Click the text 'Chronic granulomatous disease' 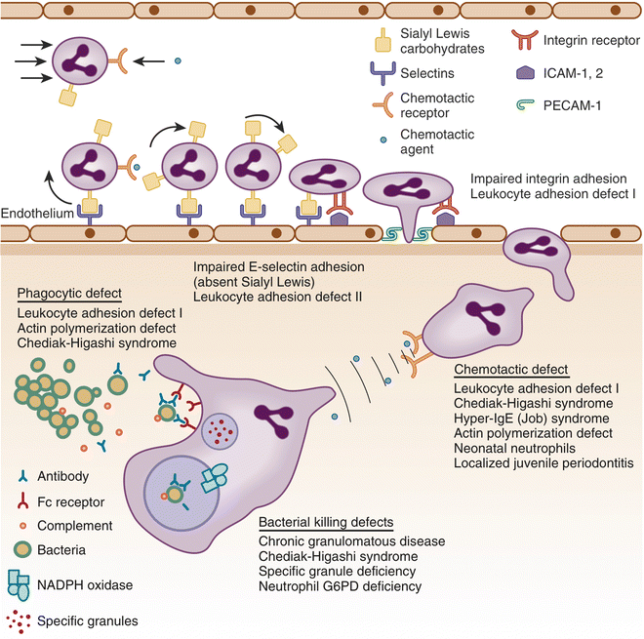coord(351,541)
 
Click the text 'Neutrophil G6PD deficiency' coord(340,586)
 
